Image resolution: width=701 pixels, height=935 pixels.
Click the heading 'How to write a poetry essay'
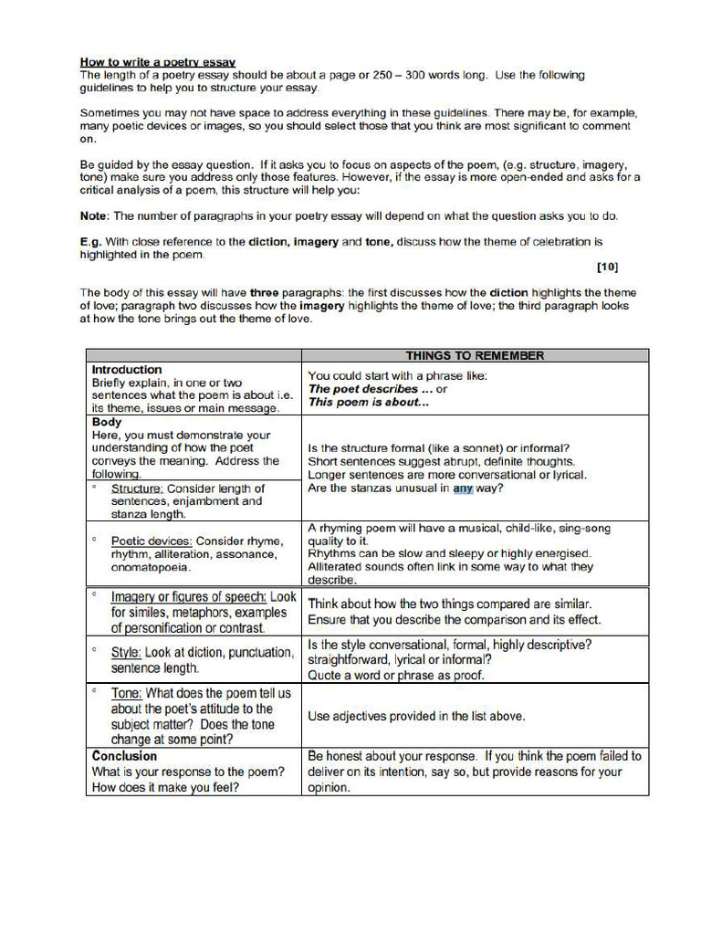click(x=158, y=62)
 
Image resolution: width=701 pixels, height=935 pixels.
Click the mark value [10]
click(x=607, y=268)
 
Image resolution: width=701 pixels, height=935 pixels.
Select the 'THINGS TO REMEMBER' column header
click(x=475, y=355)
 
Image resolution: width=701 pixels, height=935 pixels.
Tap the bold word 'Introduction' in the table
click(x=127, y=370)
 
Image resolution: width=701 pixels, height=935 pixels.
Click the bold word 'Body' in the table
click(x=107, y=423)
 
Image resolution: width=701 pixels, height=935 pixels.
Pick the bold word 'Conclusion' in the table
click(x=124, y=756)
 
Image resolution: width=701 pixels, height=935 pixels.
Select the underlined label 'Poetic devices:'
click(x=152, y=541)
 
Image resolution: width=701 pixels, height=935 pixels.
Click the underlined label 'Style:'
click(x=126, y=653)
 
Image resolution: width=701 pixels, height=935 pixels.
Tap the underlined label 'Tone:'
click(x=126, y=693)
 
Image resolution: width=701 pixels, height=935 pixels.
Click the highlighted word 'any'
click(x=463, y=489)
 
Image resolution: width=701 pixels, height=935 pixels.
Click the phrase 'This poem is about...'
click(x=368, y=402)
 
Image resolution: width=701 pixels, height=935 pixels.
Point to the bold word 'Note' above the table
click(x=94, y=216)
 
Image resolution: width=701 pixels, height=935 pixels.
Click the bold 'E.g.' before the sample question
click(x=90, y=242)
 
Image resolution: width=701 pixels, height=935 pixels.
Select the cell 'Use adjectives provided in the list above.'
click(x=416, y=716)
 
